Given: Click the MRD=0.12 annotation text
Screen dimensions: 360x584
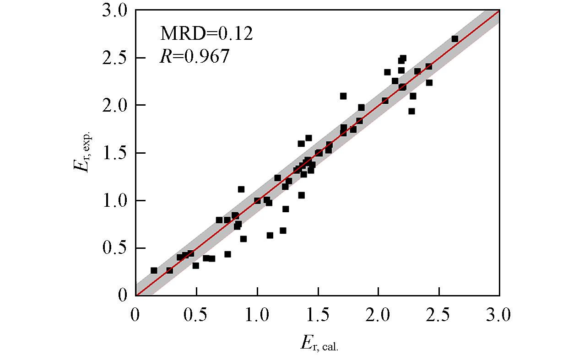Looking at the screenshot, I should (206, 33).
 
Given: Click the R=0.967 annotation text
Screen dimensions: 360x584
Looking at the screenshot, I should (194, 56).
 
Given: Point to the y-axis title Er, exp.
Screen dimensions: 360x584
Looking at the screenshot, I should (83, 153).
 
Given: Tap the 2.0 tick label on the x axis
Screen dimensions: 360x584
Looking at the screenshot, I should (379, 316).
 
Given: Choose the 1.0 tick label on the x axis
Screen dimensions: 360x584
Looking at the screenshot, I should (257, 316).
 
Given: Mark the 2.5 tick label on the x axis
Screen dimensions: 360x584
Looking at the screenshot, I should (439, 316).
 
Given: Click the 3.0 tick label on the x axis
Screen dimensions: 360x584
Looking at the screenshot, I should (499, 316).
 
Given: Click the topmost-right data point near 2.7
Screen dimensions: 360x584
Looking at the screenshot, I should (454, 39).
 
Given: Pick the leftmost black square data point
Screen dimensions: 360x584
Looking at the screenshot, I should (154, 270).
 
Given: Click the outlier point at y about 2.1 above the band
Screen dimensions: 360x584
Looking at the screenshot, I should (343, 96).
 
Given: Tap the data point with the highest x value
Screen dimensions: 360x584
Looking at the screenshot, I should (454, 39).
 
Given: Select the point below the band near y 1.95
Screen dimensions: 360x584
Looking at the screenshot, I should (411, 111).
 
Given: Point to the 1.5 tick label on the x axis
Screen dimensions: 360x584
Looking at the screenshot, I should (318, 316).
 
